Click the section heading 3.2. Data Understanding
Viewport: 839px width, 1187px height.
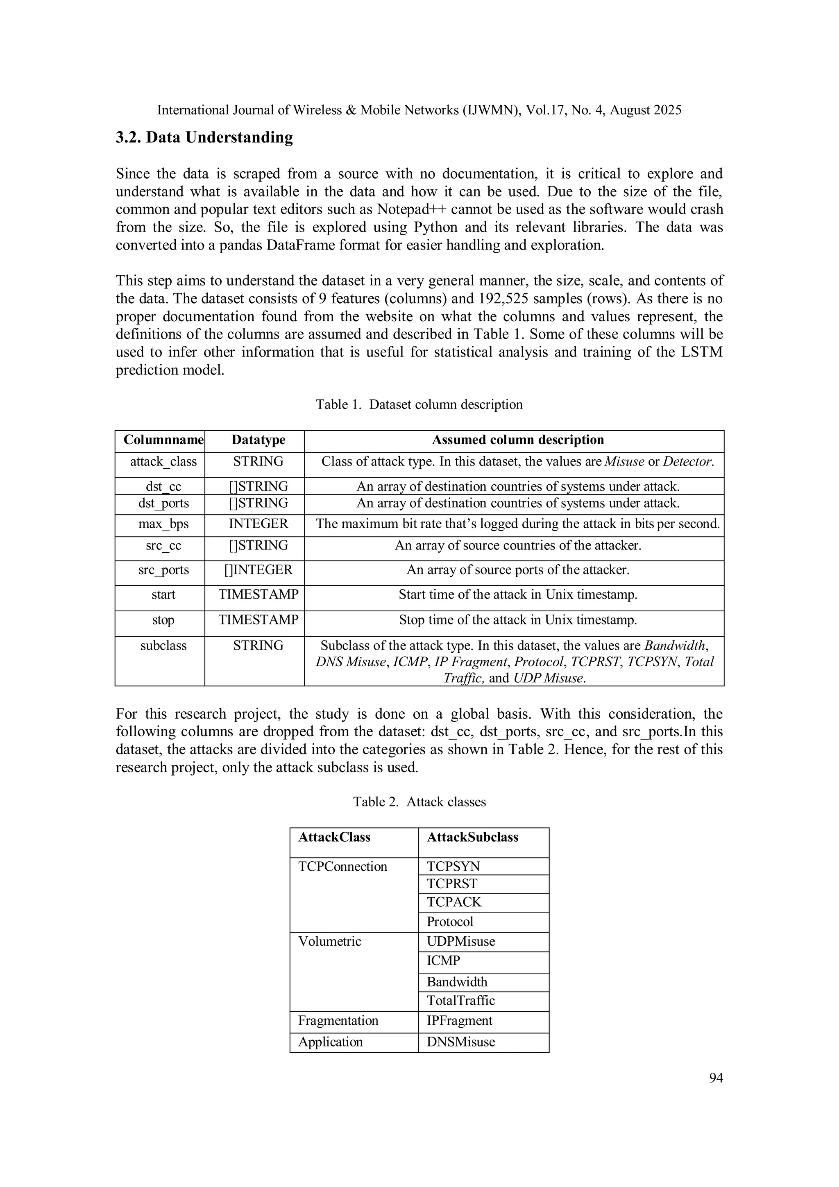pyautogui.click(x=204, y=138)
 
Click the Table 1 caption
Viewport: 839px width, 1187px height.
pyautogui.click(x=419, y=404)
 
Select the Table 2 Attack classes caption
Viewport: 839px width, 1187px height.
pyautogui.click(x=419, y=801)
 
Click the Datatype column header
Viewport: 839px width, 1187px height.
pyautogui.click(x=258, y=440)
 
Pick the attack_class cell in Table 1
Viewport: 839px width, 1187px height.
pyautogui.click(x=163, y=462)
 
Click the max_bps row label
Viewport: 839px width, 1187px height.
pyautogui.click(x=163, y=524)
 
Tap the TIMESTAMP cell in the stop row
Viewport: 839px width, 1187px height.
pyautogui.click(x=258, y=620)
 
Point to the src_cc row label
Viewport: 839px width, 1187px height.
pyautogui.click(x=163, y=545)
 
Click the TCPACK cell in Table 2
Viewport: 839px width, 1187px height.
pyautogui.click(x=454, y=902)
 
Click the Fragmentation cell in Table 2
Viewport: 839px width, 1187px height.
pyautogui.click(x=338, y=1021)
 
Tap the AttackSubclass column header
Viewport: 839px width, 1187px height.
pyautogui.click(x=472, y=837)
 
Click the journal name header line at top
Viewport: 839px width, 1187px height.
pyautogui.click(x=419, y=110)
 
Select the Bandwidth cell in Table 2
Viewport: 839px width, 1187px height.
pyautogui.click(x=457, y=982)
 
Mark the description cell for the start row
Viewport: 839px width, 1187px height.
pyautogui.click(x=517, y=595)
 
